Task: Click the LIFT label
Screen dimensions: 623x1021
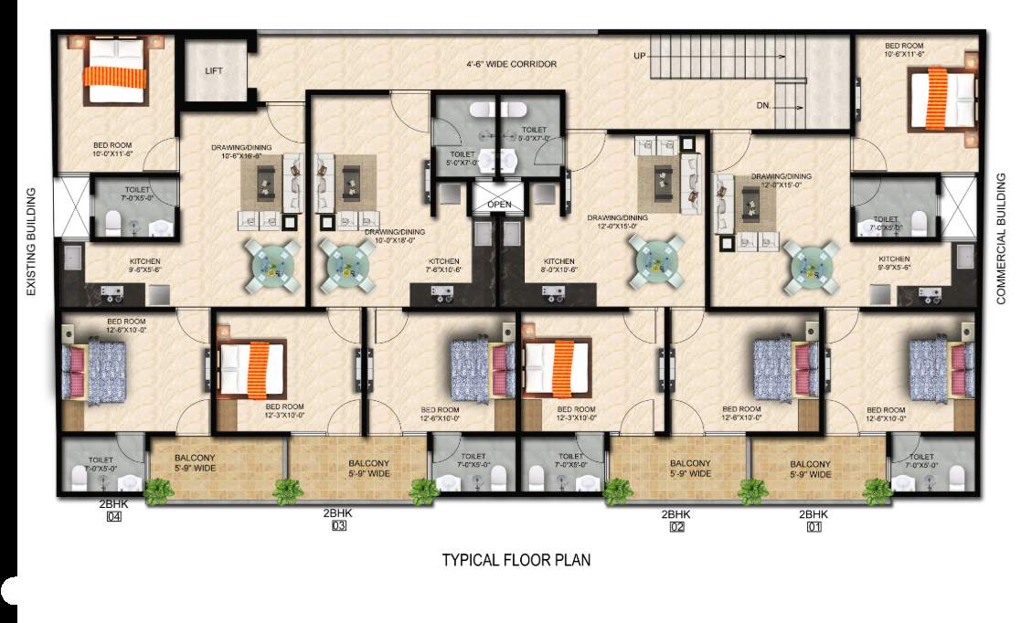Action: tap(214, 70)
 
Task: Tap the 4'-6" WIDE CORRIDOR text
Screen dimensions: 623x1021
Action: tap(511, 65)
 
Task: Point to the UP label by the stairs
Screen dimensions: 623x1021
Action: tap(641, 57)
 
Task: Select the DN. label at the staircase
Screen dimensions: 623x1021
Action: tap(763, 106)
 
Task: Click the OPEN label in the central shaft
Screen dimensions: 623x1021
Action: tap(499, 205)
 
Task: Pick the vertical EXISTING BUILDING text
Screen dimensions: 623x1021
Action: tap(31, 241)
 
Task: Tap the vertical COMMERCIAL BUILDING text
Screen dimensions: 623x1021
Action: tap(1000, 237)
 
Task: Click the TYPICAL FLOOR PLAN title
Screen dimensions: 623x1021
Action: tap(516, 560)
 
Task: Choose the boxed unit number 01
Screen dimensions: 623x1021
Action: tap(813, 527)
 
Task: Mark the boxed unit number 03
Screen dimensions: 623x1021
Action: tap(338, 527)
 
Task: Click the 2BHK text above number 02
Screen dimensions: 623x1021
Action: tap(676, 514)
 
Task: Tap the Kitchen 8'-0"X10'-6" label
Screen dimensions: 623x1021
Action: tap(558, 265)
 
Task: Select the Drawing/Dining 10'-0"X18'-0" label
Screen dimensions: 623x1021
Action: tap(394, 237)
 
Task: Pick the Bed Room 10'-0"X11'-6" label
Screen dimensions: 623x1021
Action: tap(113, 150)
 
